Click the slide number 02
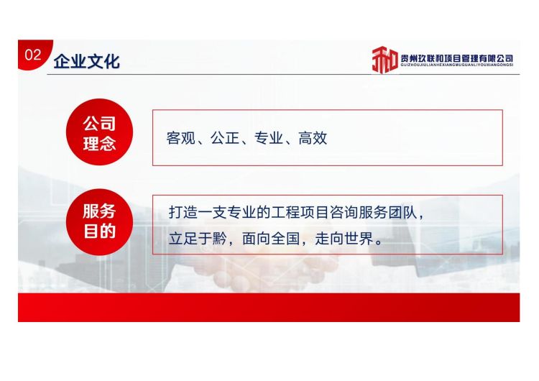click(33, 55)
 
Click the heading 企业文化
click(87, 62)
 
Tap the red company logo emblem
click(385, 60)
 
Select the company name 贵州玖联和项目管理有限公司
click(457, 58)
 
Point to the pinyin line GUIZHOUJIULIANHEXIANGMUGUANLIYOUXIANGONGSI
click(457, 65)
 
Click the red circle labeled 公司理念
click(99, 132)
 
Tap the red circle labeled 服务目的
click(99, 222)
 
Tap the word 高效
click(313, 138)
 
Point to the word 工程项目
click(300, 213)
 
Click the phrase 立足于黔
click(198, 239)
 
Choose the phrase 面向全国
click(271, 239)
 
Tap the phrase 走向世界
click(344, 239)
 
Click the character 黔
click(220, 239)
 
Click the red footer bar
click(269, 308)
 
